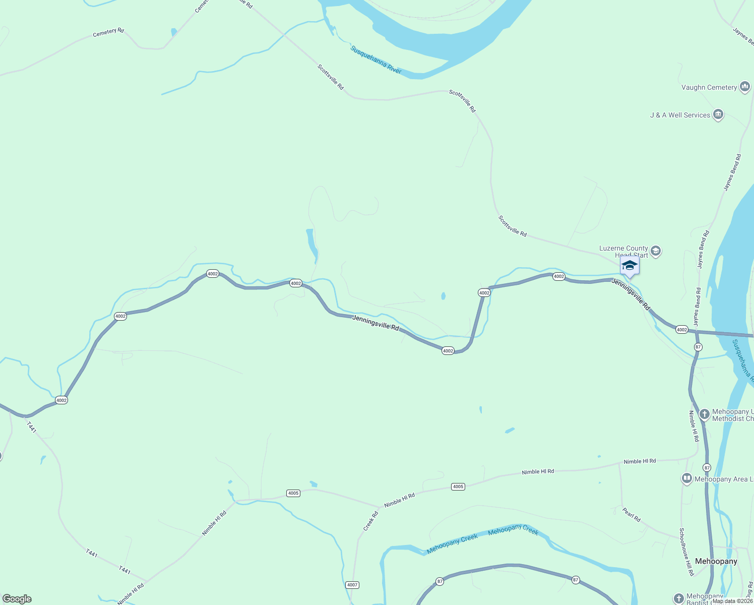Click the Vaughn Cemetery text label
pyautogui.click(x=709, y=88)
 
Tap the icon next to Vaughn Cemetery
pyautogui.click(x=744, y=87)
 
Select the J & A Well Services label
pyautogui.click(x=680, y=115)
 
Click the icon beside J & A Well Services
pyautogui.click(x=718, y=115)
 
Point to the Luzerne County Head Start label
pyautogui.click(x=623, y=251)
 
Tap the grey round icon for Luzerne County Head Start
pyautogui.click(x=656, y=251)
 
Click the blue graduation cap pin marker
pyautogui.click(x=630, y=266)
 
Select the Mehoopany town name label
pyautogui.click(x=716, y=561)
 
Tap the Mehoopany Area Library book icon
pyautogui.click(x=686, y=478)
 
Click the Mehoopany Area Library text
pyautogui.click(x=724, y=479)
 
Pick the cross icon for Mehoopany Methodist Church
pyautogui.click(x=704, y=414)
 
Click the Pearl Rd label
pyautogui.click(x=631, y=515)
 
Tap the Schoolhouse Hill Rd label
pyautogui.click(x=686, y=552)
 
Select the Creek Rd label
pyautogui.click(x=370, y=521)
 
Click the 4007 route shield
pyautogui.click(x=352, y=585)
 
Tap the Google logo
pyautogui.click(x=17, y=599)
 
